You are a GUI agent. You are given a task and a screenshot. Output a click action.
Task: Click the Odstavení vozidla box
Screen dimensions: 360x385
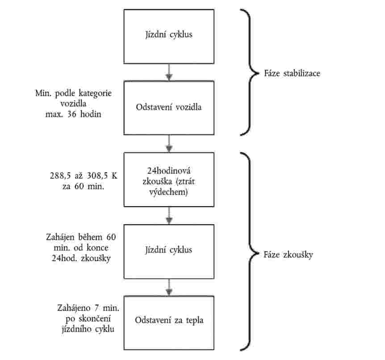[169, 107]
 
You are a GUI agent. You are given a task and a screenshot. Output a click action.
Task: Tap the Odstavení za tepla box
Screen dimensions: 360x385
[169, 321]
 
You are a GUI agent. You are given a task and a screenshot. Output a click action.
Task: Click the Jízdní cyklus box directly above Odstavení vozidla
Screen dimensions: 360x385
[169, 34]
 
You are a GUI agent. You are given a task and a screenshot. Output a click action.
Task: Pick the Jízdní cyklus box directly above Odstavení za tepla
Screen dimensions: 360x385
[169, 250]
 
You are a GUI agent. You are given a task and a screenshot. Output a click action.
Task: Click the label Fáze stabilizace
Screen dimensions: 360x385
[292, 73]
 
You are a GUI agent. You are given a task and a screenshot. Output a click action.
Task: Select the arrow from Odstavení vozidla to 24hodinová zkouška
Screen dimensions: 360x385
[169, 143]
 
